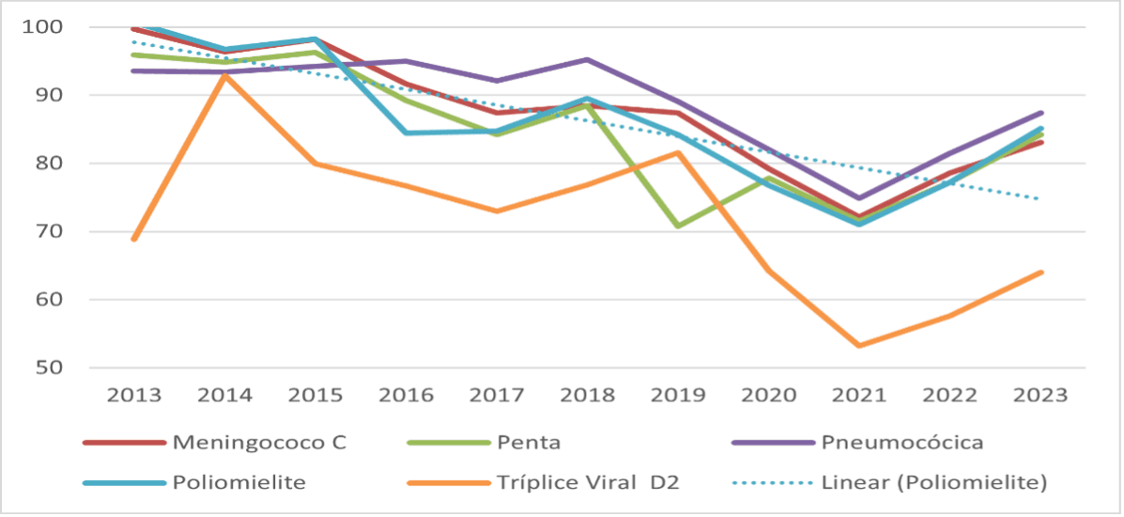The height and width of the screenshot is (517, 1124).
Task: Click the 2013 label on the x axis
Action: (134, 395)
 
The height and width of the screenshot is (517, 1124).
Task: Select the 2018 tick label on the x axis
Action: (588, 395)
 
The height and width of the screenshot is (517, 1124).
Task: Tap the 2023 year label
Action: (1040, 395)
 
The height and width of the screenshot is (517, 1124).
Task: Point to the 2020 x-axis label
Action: (769, 395)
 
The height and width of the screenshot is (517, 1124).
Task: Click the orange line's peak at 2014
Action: (225, 75)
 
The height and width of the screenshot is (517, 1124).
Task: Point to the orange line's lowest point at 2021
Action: (859, 346)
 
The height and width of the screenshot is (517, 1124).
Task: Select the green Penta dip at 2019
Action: (678, 227)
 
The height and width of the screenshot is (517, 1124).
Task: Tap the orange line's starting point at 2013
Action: (134, 239)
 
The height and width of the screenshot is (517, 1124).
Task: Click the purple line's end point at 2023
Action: (1041, 113)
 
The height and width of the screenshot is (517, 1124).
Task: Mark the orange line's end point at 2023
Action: (1041, 273)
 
